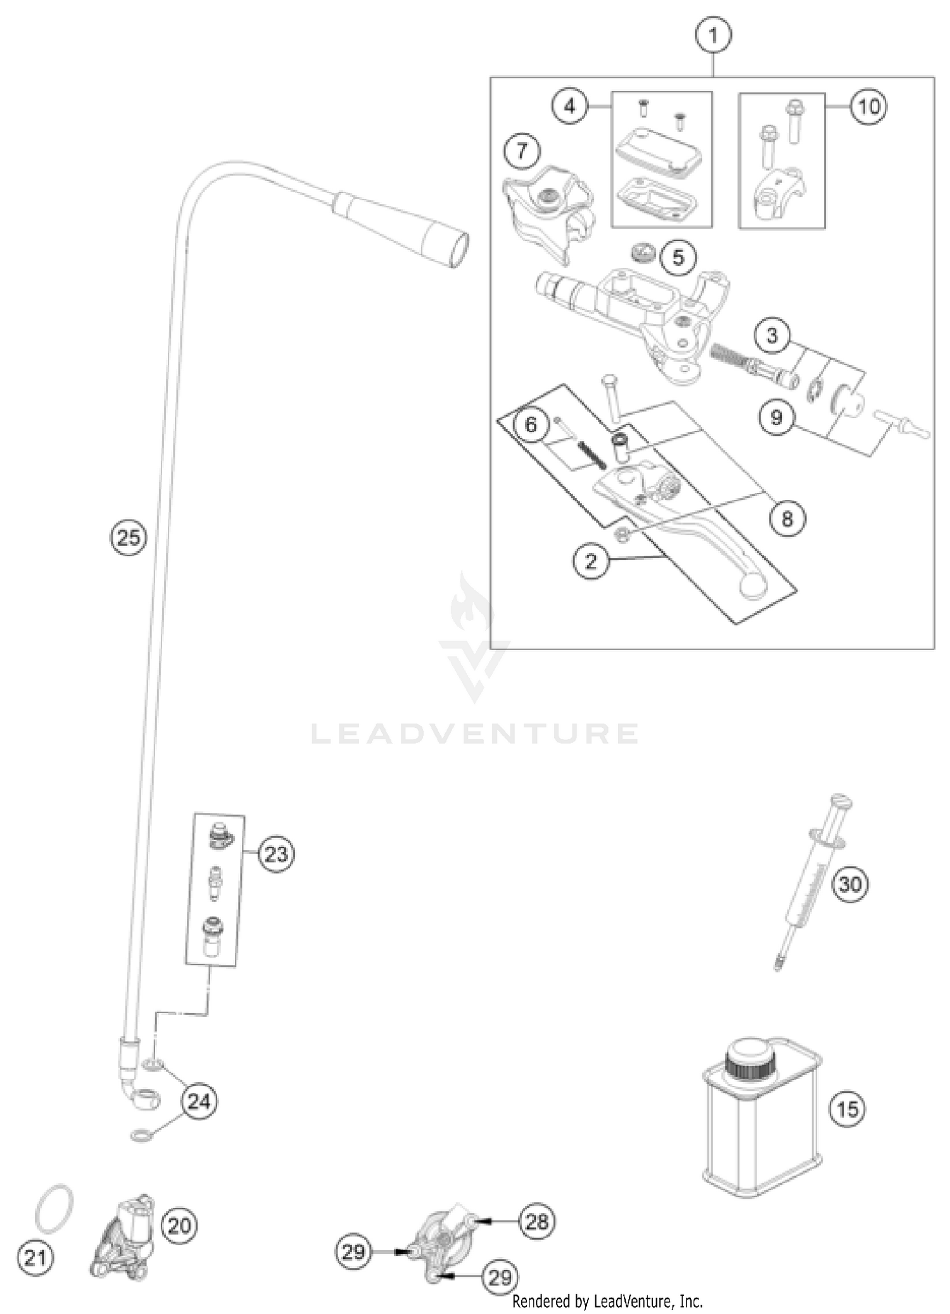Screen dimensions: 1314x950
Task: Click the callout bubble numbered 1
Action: [x=713, y=37]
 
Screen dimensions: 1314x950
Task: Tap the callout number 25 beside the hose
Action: [x=129, y=538]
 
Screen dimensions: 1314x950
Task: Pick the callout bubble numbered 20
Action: [x=179, y=1226]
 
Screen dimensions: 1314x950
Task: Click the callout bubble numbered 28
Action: [x=536, y=1221]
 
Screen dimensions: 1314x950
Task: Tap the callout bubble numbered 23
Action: [x=276, y=855]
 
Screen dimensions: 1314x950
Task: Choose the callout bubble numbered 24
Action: [x=199, y=1101]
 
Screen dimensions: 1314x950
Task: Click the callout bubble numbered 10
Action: [x=868, y=106]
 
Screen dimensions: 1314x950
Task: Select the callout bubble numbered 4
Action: [x=569, y=106]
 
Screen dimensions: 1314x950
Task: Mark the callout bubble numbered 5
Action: [x=678, y=258]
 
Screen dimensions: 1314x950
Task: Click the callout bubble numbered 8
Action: [x=787, y=519]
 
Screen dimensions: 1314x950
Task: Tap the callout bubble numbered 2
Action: [x=591, y=561]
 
